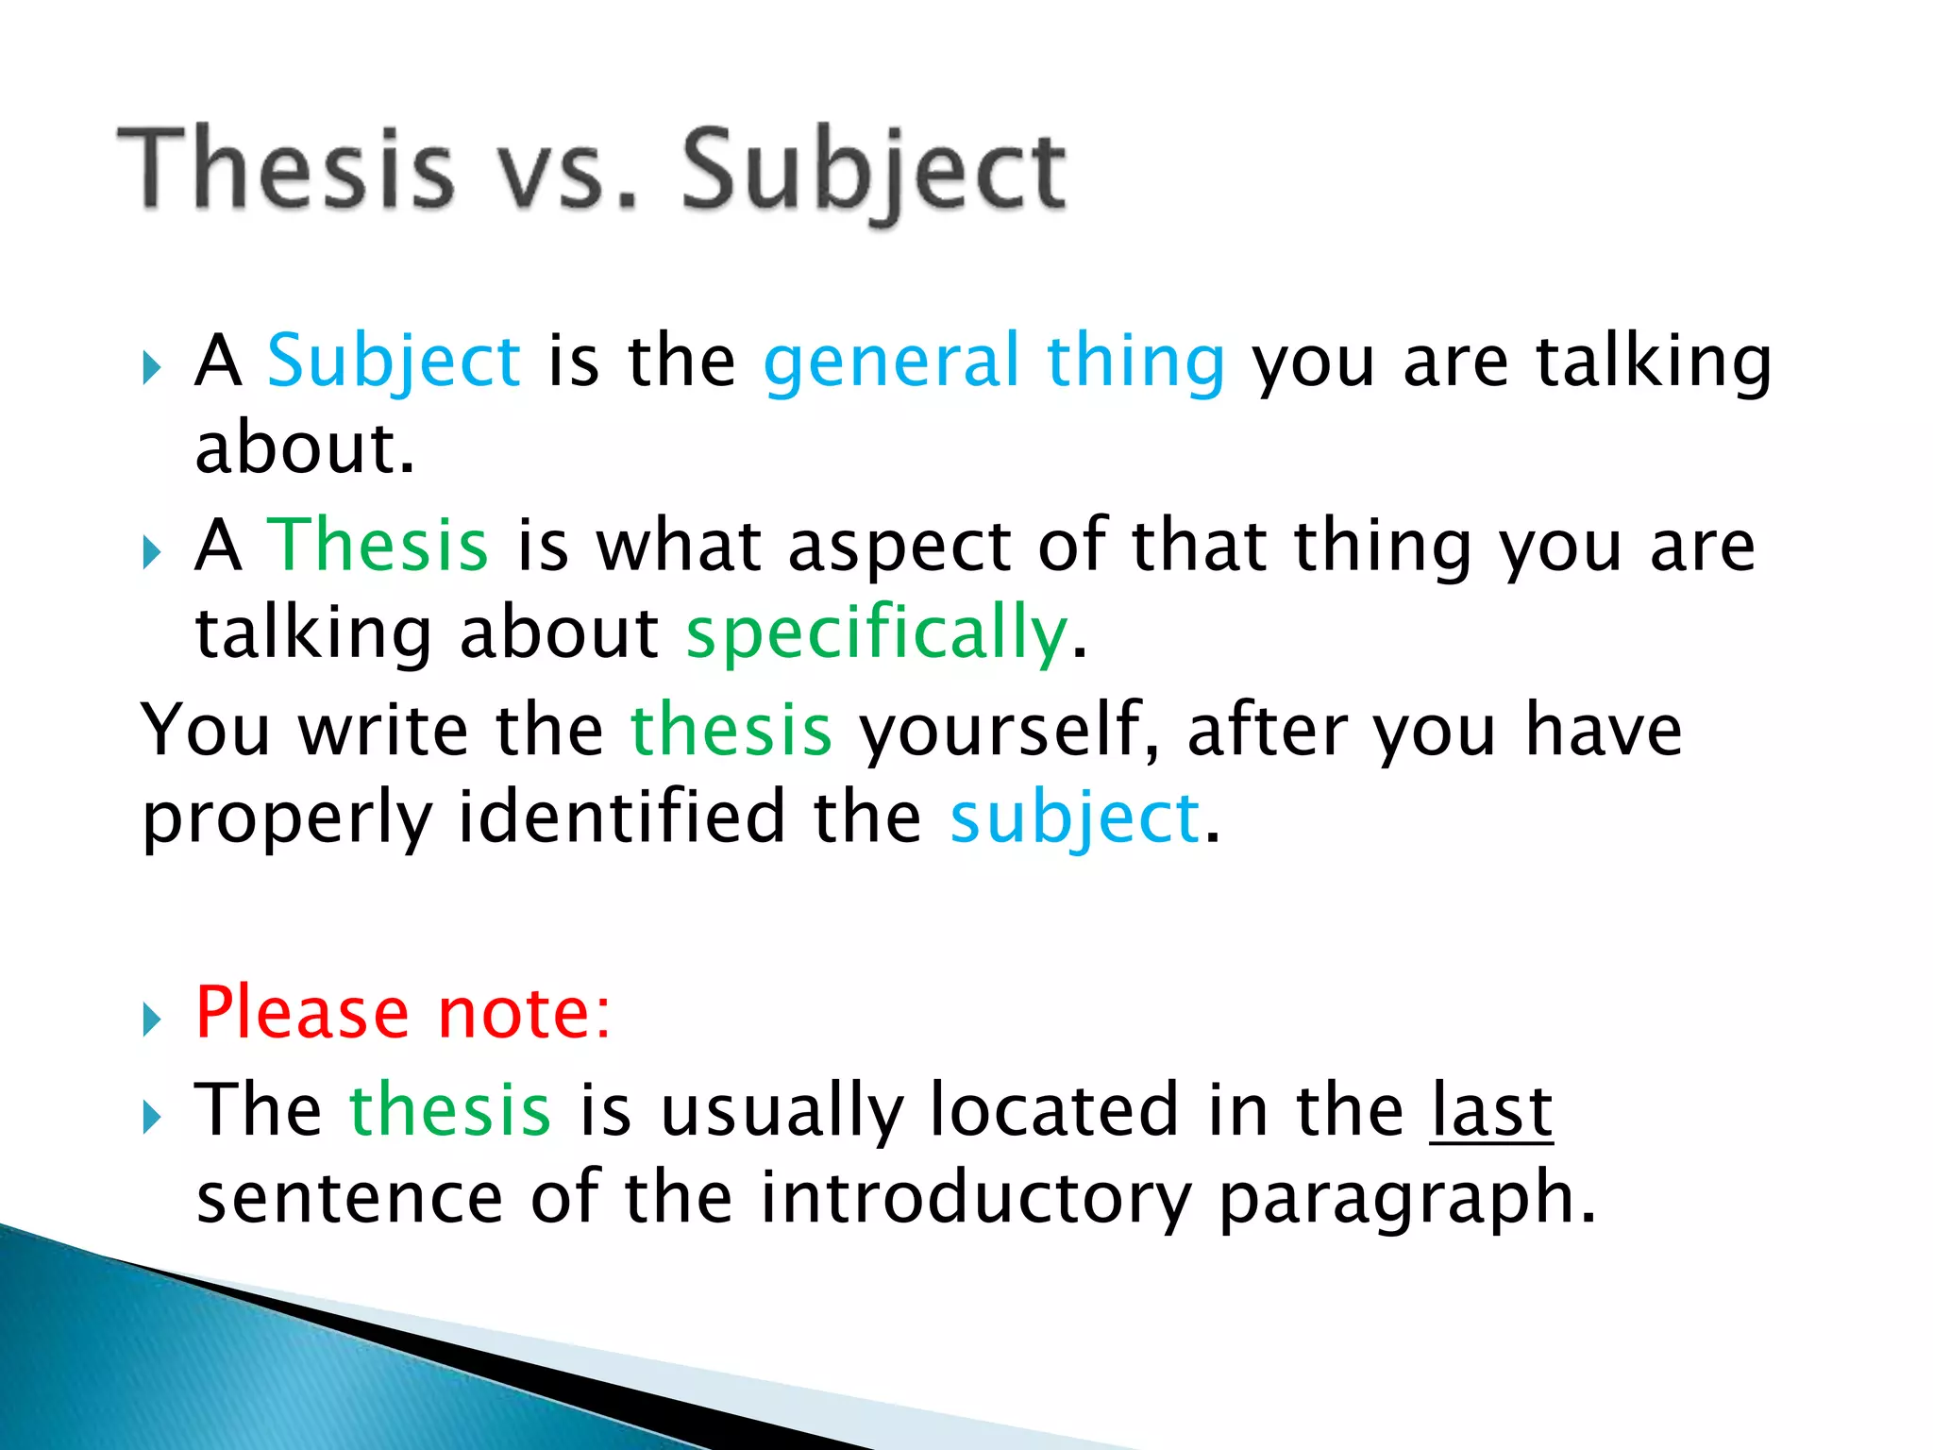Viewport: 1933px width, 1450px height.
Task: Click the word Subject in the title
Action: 874,173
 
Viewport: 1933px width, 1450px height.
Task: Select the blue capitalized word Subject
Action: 394,362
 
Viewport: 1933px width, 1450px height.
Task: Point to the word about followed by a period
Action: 304,449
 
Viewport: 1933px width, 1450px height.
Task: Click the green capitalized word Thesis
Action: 378,546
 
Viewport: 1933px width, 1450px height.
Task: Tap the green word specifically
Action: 877,634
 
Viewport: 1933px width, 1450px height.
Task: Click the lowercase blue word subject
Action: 1075,819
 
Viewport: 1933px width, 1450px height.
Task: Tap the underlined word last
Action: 1491,1110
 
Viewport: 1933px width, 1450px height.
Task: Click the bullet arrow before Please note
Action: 152,1020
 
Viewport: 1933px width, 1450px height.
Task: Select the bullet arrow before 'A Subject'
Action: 152,368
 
